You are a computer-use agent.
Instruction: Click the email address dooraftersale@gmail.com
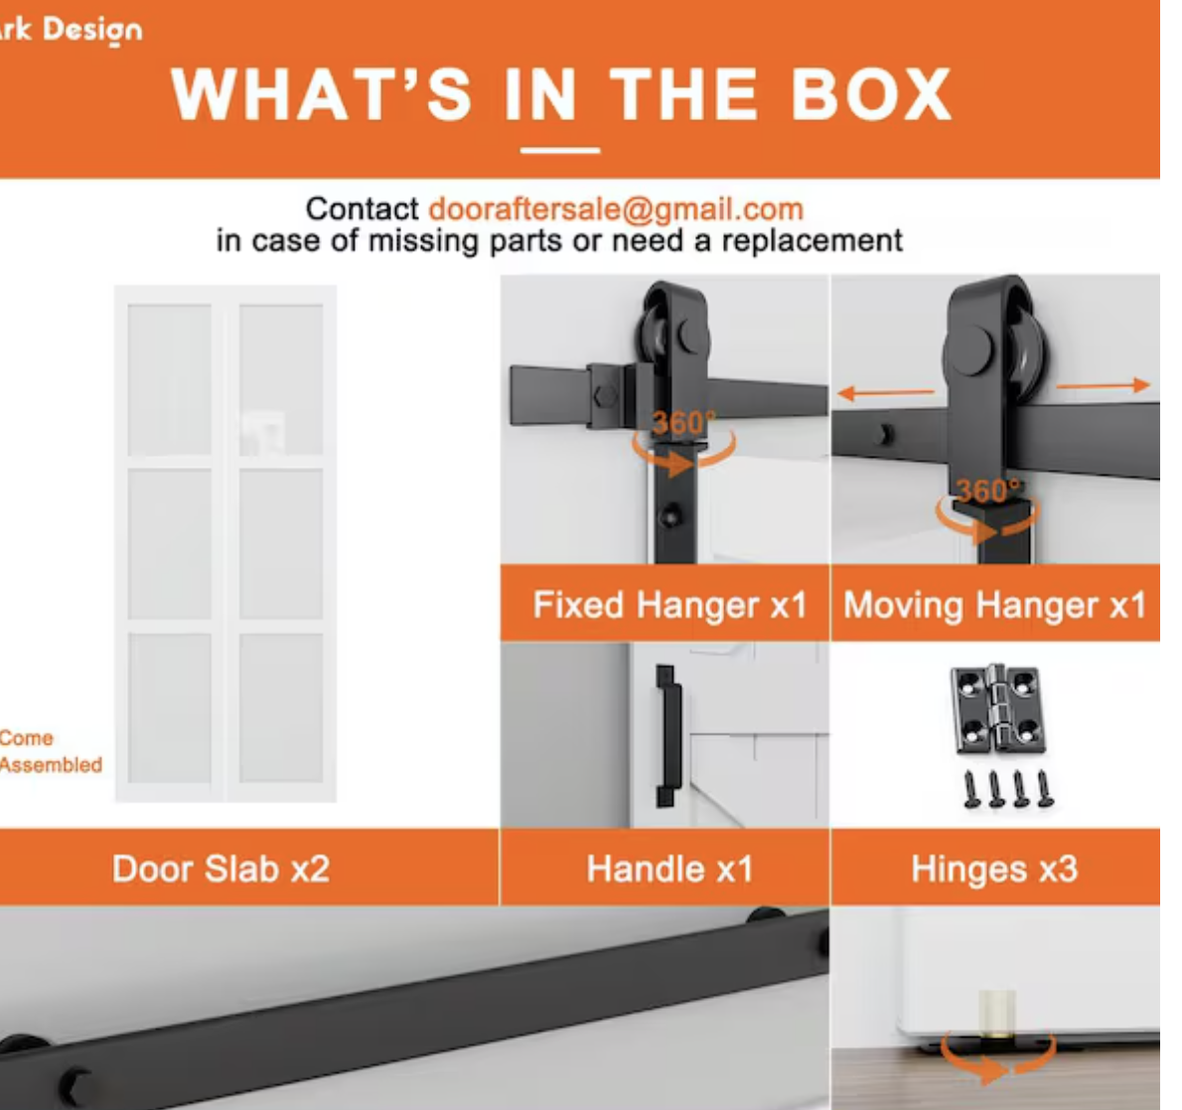(616, 209)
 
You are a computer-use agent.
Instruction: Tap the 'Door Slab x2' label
(221, 869)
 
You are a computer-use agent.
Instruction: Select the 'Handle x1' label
(669, 869)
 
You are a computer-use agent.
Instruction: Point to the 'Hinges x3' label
(994, 869)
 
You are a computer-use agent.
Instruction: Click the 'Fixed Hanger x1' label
(669, 605)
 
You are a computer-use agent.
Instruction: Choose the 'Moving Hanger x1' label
(994, 605)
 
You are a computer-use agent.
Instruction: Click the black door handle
(667, 737)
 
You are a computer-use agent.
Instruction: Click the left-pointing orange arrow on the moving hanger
(886, 392)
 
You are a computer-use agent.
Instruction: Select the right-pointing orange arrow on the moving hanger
(1103, 386)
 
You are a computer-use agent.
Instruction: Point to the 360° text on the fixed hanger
(683, 423)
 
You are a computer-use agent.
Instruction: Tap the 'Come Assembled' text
(51, 752)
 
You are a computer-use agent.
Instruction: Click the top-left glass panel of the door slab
(170, 380)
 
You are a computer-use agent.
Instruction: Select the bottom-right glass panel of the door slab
(281, 708)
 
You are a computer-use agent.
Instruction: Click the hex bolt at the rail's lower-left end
(77, 1085)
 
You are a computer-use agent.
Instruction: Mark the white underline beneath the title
(560, 150)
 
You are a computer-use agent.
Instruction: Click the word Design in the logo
(92, 30)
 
